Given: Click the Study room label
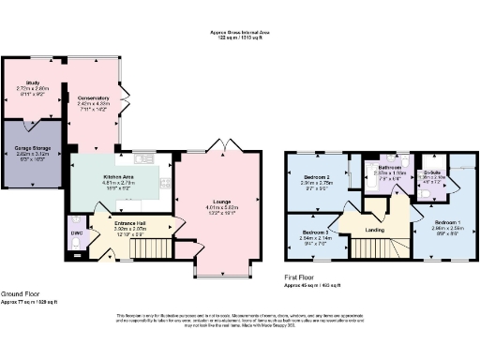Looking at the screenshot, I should (x=32, y=83).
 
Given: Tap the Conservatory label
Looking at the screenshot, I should (x=94, y=97).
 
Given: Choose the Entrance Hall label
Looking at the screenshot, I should (x=128, y=222).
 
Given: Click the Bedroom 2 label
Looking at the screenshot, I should (x=316, y=176).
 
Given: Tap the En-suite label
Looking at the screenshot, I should (x=432, y=172).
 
